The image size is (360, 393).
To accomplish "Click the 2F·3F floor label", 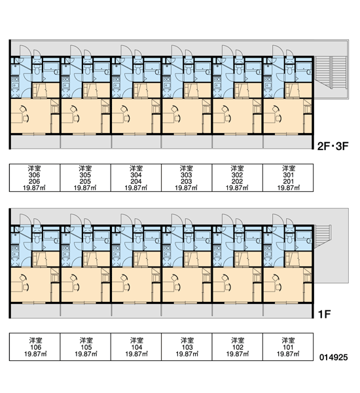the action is (333, 146).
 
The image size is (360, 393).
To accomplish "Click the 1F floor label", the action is (325, 314).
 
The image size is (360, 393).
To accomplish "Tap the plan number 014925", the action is (333, 357).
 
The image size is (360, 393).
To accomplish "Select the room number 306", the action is (35, 175).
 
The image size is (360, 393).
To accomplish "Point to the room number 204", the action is (136, 181).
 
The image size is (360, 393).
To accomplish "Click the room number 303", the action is (186, 175).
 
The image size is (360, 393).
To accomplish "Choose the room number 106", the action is (35, 347).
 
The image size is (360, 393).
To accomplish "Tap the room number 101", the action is (288, 347).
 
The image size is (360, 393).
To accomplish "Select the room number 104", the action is (137, 347).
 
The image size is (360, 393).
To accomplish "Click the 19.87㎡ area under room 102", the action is (238, 354).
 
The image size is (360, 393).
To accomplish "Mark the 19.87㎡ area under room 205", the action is (85, 188).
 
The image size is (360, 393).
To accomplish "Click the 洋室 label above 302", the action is (237, 168).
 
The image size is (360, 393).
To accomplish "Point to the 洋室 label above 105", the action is (86, 341).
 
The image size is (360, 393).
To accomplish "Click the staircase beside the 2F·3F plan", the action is (331, 72).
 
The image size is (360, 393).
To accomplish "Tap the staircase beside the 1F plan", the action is (323, 236).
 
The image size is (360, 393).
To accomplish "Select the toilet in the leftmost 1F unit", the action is (37, 238).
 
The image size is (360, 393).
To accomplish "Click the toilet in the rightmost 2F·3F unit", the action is (289, 69).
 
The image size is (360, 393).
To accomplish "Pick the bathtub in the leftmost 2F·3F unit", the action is (51, 67).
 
